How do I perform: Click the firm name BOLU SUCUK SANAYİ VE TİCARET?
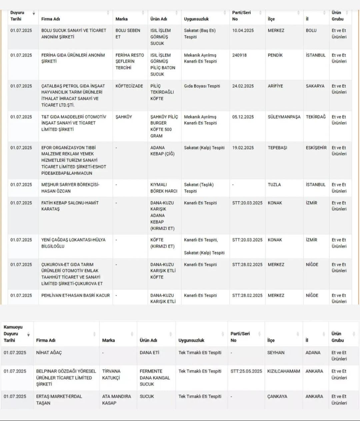tap(74, 34)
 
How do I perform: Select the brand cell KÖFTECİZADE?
tap(129, 86)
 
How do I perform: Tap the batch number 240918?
tap(239, 55)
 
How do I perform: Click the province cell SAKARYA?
tap(315, 86)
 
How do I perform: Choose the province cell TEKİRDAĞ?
tap(316, 117)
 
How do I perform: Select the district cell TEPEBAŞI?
tap(277, 148)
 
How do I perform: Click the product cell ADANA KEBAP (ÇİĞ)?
tap(162, 151)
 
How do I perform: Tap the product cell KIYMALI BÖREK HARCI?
tap(164, 188)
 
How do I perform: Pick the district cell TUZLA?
tap(274, 185)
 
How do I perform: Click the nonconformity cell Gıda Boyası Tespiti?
tap(202, 86)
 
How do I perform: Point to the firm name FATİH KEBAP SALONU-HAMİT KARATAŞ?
tap(70, 206)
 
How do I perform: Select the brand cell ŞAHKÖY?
tap(124, 117)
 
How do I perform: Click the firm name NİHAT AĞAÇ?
tap(49, 353)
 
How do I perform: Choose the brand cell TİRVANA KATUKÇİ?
tap(111, 375)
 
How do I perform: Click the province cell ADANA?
tap(313, 353)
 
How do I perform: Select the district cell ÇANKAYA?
tap(277, 397)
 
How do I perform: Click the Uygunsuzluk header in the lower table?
tap(191, 340)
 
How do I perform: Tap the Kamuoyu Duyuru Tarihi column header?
tap(13, 334)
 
